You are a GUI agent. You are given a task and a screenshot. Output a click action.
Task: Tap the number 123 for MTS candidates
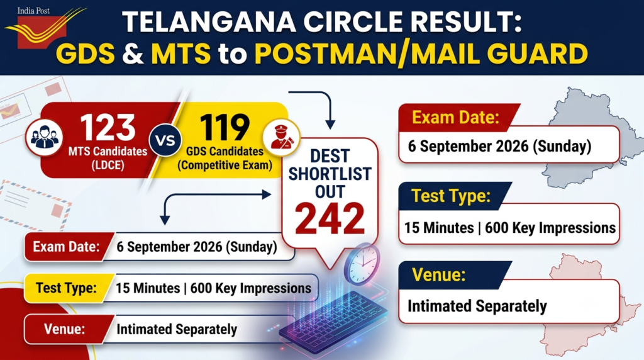[108, 128]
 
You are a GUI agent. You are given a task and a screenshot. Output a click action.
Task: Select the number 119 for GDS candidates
[225, 128]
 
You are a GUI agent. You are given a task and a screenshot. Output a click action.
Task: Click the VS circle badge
[165, 140]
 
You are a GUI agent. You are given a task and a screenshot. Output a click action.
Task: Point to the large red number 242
[330, 218]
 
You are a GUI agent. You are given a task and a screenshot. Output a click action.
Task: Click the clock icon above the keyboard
[362, 264]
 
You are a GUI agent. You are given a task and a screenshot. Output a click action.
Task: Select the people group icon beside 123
[45, 137]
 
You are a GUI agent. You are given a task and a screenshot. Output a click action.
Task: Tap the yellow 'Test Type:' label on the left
[66, 288]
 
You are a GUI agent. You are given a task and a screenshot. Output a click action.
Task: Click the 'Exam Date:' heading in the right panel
[455, 118]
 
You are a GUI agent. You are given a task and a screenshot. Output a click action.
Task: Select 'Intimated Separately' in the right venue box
[477, 306]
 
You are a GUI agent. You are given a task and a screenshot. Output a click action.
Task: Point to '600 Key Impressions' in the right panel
[550, 228]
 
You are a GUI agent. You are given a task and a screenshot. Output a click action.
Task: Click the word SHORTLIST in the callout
[330, 174]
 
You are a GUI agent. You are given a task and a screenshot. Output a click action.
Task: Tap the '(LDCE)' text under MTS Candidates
[108, 165]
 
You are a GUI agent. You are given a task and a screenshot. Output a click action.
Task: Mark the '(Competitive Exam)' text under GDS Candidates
[225, 165]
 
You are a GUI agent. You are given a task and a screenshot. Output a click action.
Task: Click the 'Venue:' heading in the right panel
[438, 274]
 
